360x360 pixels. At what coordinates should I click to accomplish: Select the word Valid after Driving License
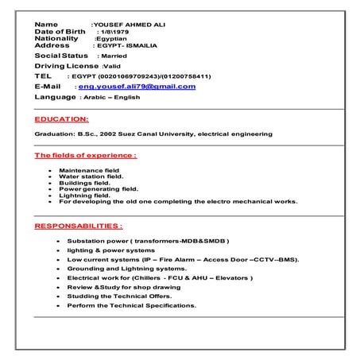point(102,66)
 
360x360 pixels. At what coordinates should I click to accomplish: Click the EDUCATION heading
point(62,118)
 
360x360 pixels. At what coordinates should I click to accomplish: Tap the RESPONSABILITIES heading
point(78,226)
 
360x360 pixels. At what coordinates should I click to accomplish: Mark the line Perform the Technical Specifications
point(131,305)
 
